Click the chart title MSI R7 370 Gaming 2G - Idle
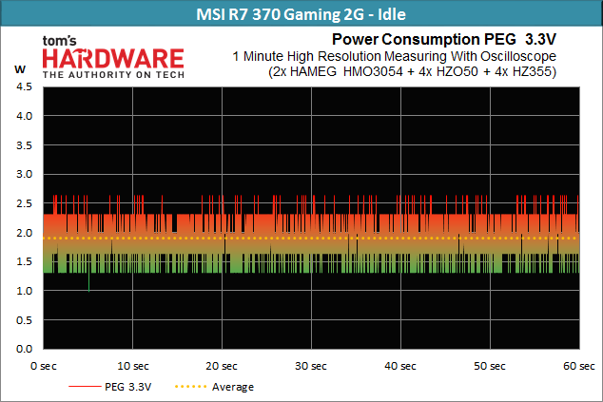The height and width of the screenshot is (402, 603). point(301,14)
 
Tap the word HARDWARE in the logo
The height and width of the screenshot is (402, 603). point(113,59)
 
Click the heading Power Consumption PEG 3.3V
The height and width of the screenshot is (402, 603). point(444,39)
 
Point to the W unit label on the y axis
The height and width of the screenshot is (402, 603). point(20,69)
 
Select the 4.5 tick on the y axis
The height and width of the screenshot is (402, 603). point(24,86)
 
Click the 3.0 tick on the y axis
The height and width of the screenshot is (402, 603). point(24,174)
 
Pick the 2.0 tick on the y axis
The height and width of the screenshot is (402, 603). point(24,233)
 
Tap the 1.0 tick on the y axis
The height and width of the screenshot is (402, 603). point(24,291)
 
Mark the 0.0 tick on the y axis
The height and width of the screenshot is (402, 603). point(24,349)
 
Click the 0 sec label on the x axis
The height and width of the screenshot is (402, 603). point(44,366)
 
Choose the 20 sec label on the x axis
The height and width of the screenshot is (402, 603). point(222,366)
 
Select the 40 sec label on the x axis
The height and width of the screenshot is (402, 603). point(400,366)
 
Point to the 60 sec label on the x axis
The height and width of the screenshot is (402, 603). point(579,366)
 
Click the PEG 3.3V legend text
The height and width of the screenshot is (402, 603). point(128,387)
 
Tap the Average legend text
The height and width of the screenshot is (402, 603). point(233,387)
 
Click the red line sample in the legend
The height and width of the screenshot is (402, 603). point(85,386)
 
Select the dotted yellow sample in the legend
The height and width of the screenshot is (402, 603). point(191,386)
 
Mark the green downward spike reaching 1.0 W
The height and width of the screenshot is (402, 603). point(88,282)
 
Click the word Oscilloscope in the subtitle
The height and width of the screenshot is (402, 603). point(518,56)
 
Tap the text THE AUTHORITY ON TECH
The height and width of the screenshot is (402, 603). point(113,74)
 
